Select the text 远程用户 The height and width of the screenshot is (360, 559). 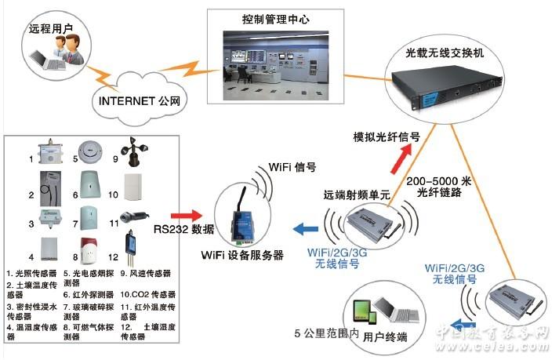point(51,29)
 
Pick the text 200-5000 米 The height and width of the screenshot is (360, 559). point(439,180)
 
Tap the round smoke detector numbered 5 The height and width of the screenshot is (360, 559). point(89,151)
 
